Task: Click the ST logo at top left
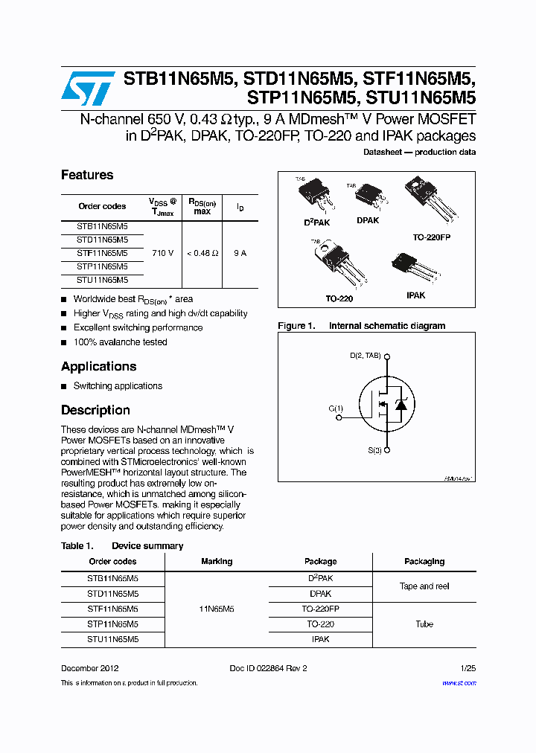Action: coord(88,88)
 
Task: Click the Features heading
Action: coord(87,175)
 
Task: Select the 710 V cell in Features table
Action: coord(162,253)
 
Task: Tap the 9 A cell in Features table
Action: coord(240,253)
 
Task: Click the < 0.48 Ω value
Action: coord(202,253)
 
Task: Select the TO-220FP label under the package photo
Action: coord(432,237)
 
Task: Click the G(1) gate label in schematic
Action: coord(336,408)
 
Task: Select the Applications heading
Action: coord(98,366)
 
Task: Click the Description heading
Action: coord(95,410)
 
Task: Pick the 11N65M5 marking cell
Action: coord(217,609)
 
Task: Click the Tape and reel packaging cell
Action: coord(424,586)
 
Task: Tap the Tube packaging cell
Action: coord(424,624)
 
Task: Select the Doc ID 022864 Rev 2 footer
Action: coord(268,668)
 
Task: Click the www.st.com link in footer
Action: coord(459,682)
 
